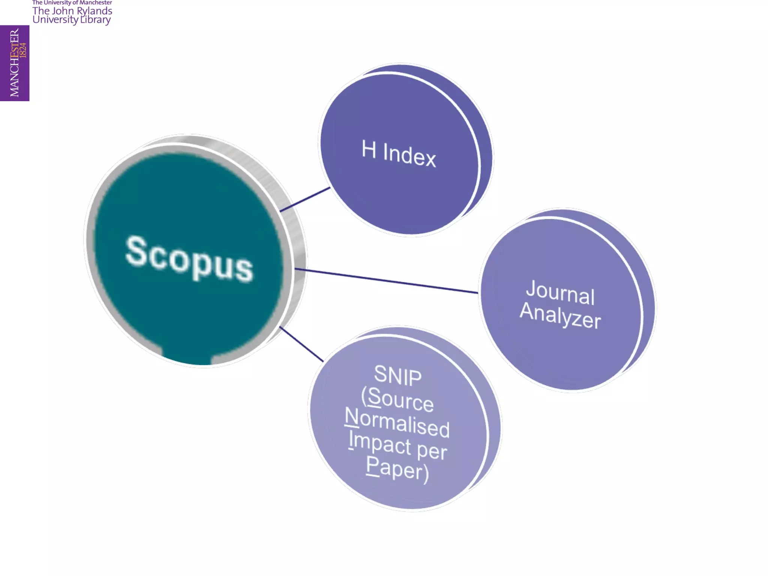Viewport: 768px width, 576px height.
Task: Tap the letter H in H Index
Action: click(369, 149)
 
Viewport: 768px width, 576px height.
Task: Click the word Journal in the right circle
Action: click(560, 292)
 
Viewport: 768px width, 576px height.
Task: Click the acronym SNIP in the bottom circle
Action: click(398, 375)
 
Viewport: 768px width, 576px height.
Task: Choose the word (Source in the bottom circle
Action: click(397, 399)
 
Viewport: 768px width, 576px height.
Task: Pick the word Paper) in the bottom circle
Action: click(397, 469)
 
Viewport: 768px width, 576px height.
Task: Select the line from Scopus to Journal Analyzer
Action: click(386, 280)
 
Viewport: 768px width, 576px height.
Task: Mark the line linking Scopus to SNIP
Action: click(301, 344)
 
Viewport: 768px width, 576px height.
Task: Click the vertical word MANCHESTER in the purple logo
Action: click(14, 63)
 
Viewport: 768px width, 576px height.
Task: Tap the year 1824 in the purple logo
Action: click(23, 50)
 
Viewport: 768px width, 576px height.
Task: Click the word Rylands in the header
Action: click(94, 11)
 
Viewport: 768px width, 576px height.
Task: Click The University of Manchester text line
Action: click(72, 3)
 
